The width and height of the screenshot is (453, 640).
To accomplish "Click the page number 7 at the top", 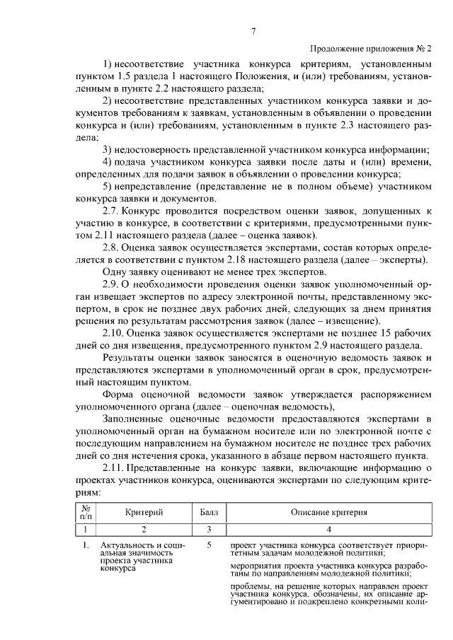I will [x=252, y=30].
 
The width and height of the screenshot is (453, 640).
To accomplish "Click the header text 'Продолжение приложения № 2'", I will [x=370, y=49].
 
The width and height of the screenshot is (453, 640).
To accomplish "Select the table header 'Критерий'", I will [x=144, y=511].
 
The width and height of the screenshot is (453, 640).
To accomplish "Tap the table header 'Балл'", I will [x=210, y=511].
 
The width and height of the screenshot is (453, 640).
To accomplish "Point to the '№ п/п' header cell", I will [x=86, y=511].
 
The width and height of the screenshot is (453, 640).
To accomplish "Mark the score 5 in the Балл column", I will [x=210, y=546].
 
